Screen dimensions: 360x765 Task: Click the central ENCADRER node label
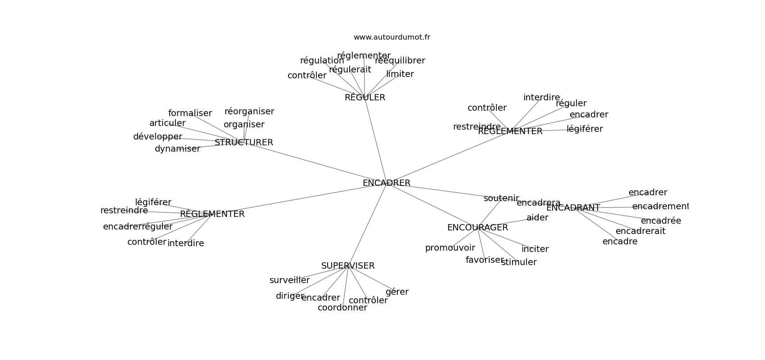pos(386,183)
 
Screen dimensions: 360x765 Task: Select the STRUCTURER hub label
pos(243,143)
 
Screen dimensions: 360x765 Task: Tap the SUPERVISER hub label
pos(348,266)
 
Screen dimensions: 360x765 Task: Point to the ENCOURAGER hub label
pos(477,228)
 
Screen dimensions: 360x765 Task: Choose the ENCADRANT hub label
pos(573,208)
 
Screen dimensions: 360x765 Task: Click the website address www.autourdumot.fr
pos(391,37)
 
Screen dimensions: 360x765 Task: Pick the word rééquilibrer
pos(400,61)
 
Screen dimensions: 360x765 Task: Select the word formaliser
pos(190,113)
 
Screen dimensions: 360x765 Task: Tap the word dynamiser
pos(177,149)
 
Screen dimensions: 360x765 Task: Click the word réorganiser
pos(249,112)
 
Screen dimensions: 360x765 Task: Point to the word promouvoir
pos(450,248)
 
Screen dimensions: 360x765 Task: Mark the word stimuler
pos(518,262)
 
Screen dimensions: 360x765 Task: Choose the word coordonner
pos(342,308)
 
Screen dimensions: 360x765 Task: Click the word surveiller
pos(289,280)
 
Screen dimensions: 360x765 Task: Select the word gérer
pos(397,292)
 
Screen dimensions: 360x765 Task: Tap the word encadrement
pos(660,207)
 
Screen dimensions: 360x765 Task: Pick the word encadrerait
pos(640,231)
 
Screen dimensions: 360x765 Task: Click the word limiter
pos(400,74)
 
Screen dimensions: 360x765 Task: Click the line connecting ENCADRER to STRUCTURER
pos(315,163)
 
